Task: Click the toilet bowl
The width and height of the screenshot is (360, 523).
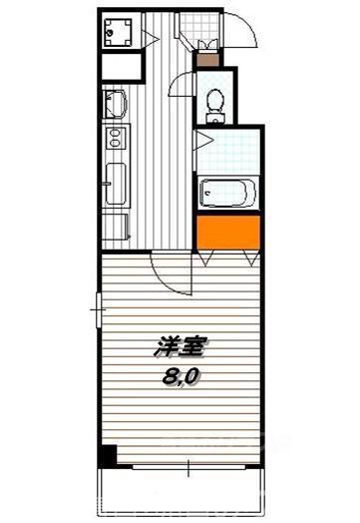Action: click(212, 101)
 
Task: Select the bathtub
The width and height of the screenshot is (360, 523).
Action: click(227, 192)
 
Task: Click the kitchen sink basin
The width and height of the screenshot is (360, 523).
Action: click(113, 104)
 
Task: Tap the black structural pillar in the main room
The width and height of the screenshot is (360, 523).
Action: click(108, 457)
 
